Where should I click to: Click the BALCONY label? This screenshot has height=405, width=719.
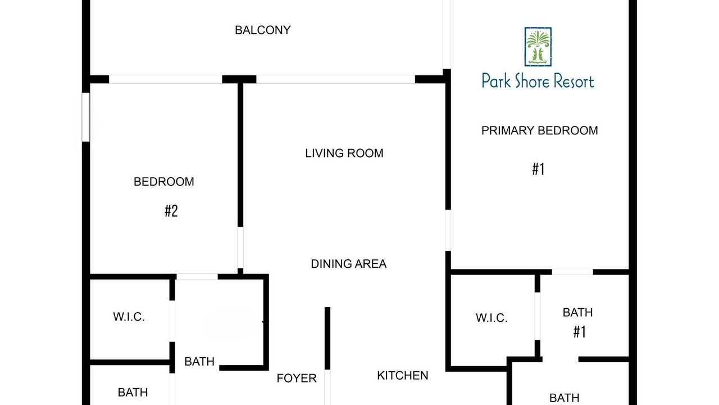coord(262,30)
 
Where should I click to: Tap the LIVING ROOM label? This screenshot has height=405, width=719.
coord(344,154)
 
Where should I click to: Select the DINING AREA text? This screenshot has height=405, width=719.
coord(349,264)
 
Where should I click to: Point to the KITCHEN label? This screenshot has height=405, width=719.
coord(403,375)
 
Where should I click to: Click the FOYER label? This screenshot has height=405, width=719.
coord(297,379)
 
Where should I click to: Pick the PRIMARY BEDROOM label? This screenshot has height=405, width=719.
coord(540,130)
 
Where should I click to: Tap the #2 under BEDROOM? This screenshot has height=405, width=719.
coord(171,211)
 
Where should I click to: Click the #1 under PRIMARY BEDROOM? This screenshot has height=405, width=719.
coord(538,169)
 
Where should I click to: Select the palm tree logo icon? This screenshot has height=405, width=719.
coord(538,47)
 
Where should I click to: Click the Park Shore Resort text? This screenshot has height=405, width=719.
coord(538,81)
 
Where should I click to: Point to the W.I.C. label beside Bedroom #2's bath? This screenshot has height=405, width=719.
coord(129,317)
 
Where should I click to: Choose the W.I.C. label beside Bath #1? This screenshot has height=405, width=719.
coord(492,318)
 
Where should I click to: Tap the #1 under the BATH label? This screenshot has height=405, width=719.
coord(580,332)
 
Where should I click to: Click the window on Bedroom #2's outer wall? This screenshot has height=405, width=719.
coord(86,117)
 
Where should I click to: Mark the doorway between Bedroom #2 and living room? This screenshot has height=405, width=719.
coord(240,247)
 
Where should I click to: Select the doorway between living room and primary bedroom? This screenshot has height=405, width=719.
coord(448,230)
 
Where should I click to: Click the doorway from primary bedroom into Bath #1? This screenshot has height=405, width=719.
coord(572,272)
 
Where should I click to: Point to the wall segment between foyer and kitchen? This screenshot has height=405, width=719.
coord(327,338)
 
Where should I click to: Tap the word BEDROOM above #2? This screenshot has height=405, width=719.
coord(163,182)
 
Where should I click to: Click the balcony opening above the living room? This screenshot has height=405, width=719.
coord(335,79)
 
